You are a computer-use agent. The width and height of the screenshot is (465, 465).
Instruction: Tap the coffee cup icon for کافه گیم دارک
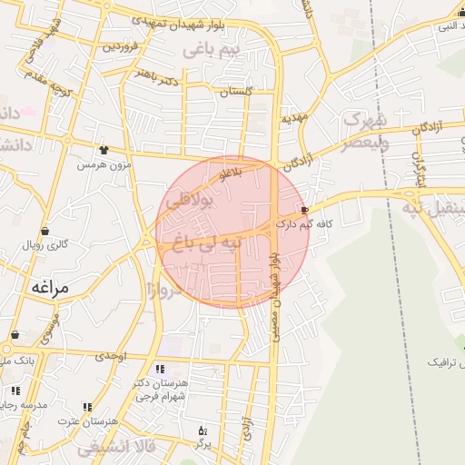click(x=316, y=209)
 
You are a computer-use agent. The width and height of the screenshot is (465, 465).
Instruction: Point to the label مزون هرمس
click(x=104, y=164)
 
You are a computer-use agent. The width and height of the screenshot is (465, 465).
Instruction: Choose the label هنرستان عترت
click(x=87, y=421)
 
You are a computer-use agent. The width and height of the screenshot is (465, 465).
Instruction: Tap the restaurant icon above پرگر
click(x=202, y=430)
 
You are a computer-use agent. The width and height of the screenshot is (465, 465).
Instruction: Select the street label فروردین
click(x=121, y=45)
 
